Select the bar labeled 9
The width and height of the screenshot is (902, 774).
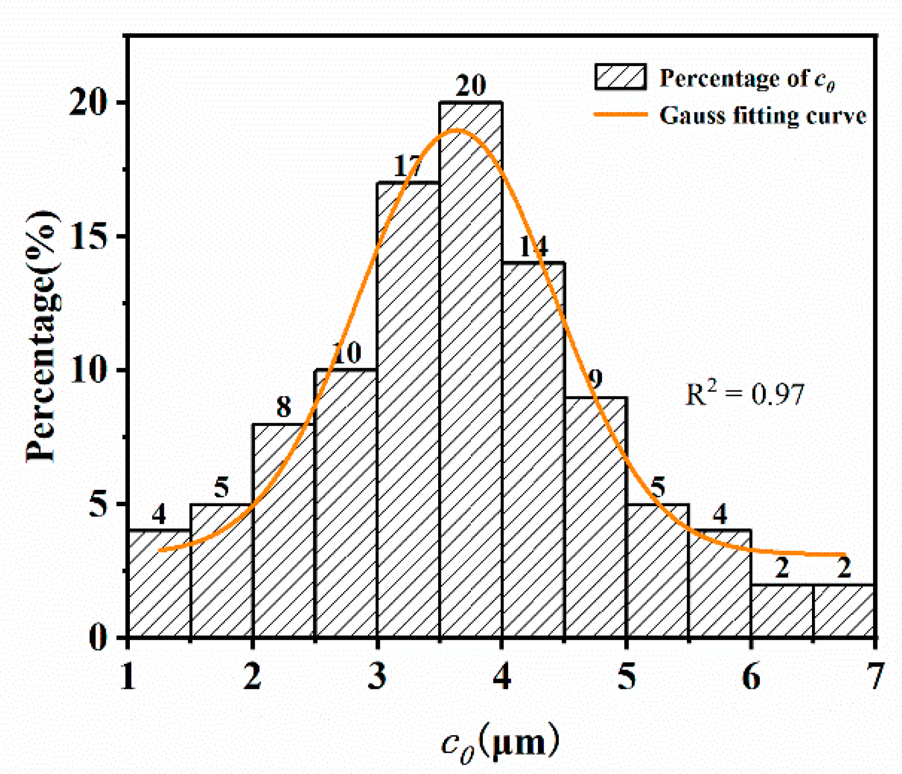click(595, 518)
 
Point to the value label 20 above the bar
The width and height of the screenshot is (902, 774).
click(470, 86)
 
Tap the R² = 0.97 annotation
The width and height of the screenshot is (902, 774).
click(744, 394)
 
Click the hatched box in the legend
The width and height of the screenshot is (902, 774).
click(620, 77)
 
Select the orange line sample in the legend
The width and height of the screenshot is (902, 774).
click(620, 115)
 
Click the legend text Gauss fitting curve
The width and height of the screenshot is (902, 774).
click(763, 116)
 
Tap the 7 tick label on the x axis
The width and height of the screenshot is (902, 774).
click(875, 676)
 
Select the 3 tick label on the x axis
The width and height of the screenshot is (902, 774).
click(377, 676)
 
